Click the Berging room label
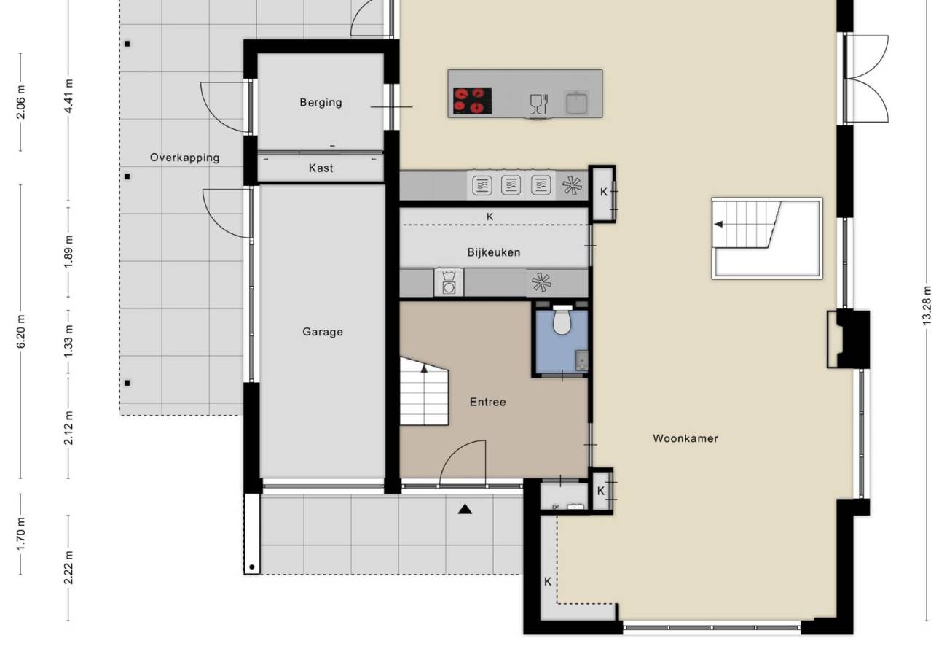pyautogui.click(x=321, y=102)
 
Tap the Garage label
pyautogui.click(x=323, y=332)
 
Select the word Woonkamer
pyautogui.click(x=685, y=438)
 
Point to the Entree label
pyautogui.click(x=488, y=402)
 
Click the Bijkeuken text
pyautogui.click(x=494, y=252)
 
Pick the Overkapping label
pyautogui.click(x=185, y=158)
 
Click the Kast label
pyautogui.click(x=321, y=168)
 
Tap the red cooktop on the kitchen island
pyautogui.click(x=472, y=101)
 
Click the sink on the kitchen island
pyautogui.click(x=577, y=102)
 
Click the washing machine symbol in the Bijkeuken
pyautogui.click(x=449, y=282)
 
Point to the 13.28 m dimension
pyautogui.click(x=927, y=306)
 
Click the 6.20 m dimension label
pyautogui.click(x=21, y=331)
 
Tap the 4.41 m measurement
pyautogui.click(x=69, y=96)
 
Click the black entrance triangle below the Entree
pyautogui.click(x=465, y=510)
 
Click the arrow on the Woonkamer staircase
pyautogui.click(x=718, y=224)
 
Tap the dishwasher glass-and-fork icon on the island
pyautogui.click(x=539, y=104)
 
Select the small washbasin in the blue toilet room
pyautogui.click(x=582, y=360)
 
